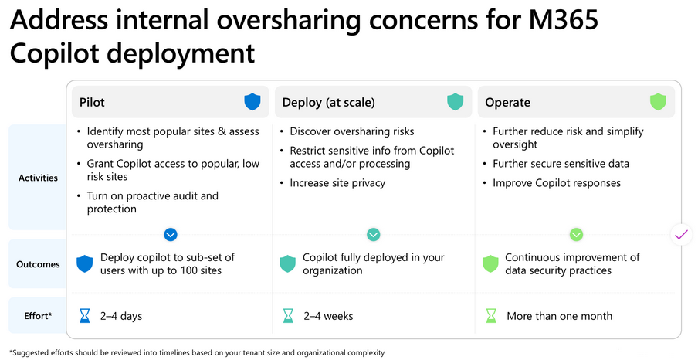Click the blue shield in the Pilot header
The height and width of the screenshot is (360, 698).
[x=252, y=102]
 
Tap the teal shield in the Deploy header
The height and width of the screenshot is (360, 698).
[x=456, y=102]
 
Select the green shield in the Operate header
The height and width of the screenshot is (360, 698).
[x=658, y=102]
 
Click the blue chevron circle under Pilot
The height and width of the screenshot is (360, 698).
[x=171, y=234]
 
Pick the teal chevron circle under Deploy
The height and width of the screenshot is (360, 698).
[x=373, y=234]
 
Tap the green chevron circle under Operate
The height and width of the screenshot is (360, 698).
[x=577, y=234]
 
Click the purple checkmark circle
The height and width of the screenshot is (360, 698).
[x=682, y=234]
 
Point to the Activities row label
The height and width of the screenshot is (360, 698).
[x=39, y=178]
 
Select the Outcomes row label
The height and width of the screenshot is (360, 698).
[x=38, y=264]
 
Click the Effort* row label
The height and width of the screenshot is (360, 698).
[x=38, y=316]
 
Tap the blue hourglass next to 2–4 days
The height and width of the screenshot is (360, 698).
[x=85, y=316]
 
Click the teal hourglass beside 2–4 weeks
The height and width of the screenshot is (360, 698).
[x=288, y=316]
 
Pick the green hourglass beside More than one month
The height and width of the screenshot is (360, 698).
[x=491, y=316]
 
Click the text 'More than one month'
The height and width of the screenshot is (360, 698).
[x=560, y=316]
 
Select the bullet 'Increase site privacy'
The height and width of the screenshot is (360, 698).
[x=333, y=183]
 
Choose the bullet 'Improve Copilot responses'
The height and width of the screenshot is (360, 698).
[x=552, y=183]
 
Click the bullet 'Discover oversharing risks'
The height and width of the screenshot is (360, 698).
[x=347, y=131]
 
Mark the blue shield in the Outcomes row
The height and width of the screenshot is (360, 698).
[x=85, y=263]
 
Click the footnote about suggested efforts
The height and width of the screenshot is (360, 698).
[x=197, y=353]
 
